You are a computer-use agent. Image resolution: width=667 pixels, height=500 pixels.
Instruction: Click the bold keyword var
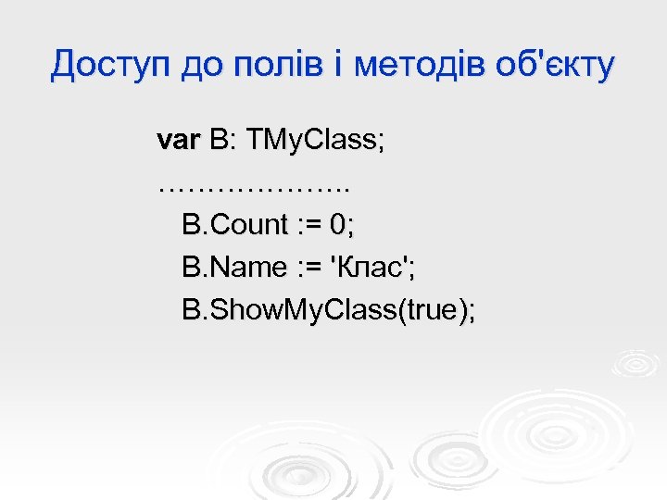tap(179, 141)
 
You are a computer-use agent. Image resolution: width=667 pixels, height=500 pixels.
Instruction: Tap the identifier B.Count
tap(236, 225)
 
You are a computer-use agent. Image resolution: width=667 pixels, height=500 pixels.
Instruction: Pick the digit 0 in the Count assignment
tap(341, 225)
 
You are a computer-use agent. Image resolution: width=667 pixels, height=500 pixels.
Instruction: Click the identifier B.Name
tap(235, 268)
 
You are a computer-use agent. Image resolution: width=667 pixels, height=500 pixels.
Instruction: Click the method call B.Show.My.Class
tap(289, 310)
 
